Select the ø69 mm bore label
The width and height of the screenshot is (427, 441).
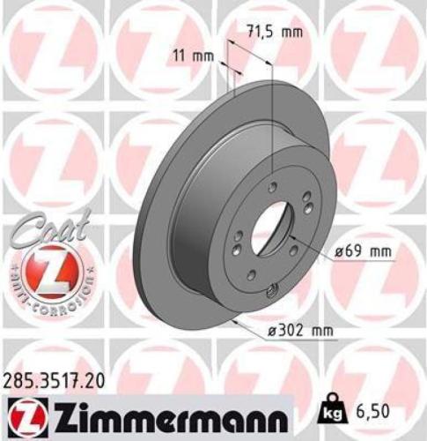pos(363,252)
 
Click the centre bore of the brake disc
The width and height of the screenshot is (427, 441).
pos(274,230)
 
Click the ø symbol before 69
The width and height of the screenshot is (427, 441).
pos(337,252)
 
